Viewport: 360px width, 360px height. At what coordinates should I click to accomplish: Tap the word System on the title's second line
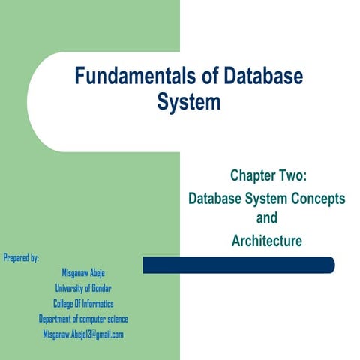point(189,102)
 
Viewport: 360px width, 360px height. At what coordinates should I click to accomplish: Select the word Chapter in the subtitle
point(253,175)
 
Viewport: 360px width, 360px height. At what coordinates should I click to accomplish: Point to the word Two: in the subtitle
point(293,175)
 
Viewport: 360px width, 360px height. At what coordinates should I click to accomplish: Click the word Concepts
point(318,199)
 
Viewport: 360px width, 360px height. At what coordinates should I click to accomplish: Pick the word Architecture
point(267,241)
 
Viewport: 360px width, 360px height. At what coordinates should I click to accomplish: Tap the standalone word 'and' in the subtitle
point(267,217)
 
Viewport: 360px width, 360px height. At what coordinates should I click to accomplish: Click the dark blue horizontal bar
point(238,265)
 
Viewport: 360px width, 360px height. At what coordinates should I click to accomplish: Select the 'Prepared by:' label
point(21,257)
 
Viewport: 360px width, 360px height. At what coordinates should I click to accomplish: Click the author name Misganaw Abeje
point(83,273)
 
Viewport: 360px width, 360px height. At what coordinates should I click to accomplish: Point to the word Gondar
point(101,288)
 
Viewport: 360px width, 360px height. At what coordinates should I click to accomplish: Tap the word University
point(70,288)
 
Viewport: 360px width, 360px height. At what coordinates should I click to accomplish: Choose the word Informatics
point(97,304)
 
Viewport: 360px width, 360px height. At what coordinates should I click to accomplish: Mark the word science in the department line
point(118,319)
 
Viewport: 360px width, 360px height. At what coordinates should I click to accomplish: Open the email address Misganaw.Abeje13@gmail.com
point(83,334)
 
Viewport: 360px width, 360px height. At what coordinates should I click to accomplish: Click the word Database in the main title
point(263,75)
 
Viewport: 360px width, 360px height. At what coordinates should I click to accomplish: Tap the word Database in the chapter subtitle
point(214,199)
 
